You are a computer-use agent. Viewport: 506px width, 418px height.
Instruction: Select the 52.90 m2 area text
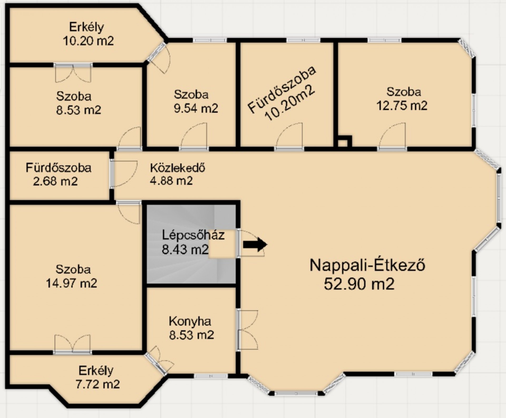click(359, 284)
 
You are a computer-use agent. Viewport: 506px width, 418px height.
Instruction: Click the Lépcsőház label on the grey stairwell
click(193, 235)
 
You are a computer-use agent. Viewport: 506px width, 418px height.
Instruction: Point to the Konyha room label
click(190, 321)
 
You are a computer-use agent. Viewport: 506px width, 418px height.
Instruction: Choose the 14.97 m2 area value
click(71, 283)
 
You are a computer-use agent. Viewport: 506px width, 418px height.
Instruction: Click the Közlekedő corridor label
click(178, 168)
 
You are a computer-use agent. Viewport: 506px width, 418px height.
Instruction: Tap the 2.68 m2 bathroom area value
click(55, 181)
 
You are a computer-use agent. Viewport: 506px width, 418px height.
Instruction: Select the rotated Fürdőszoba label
click(282, 90)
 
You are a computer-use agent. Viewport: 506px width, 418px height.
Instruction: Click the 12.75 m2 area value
click(402, 106)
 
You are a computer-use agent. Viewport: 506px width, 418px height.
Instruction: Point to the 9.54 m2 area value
click(196, 108)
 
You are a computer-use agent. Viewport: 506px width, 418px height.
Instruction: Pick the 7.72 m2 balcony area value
click(98, 384)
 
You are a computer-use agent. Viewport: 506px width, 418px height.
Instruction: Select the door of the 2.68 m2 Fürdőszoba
click(123, 173)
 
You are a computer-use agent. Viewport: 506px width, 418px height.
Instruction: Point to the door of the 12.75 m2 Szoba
click(392, 137)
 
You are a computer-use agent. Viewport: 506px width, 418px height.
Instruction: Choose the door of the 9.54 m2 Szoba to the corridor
click(194, 137)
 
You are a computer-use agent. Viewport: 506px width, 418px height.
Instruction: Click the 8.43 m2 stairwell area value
click(185, 249)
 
